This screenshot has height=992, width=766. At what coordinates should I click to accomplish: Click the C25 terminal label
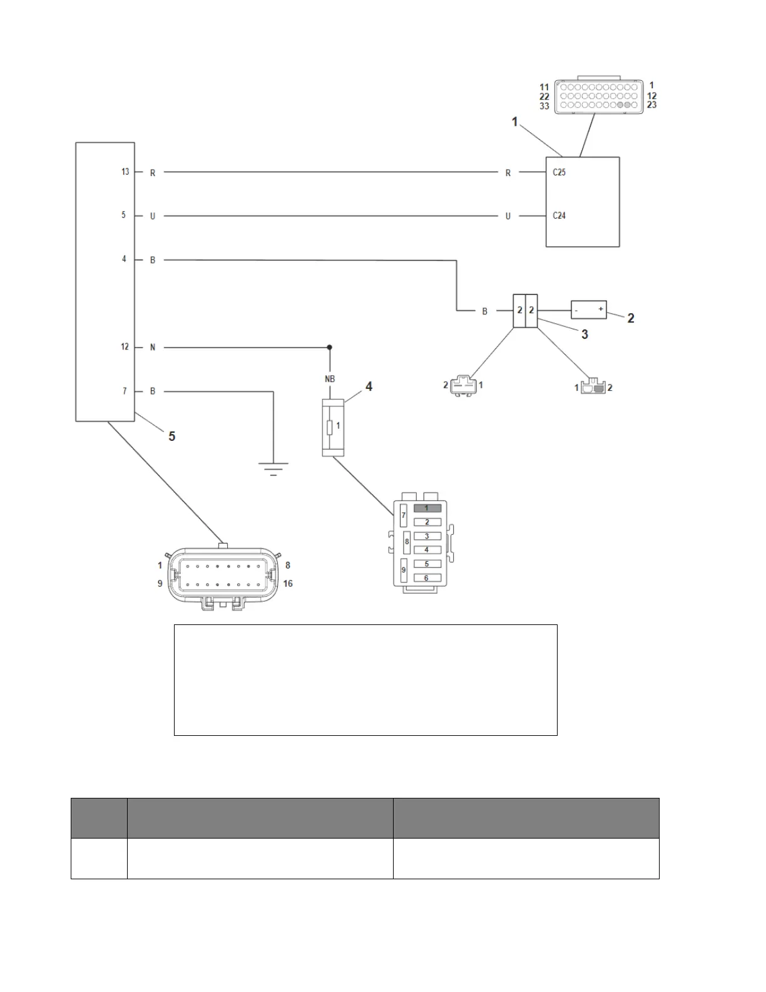tap(559, 172)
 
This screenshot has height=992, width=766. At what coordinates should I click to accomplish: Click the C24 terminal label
tap(559, 215)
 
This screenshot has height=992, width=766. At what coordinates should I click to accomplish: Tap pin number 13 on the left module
tap(125, 172)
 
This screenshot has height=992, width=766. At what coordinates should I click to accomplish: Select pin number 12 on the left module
tap(125, 346)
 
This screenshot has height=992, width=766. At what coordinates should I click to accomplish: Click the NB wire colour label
tap(329, 379)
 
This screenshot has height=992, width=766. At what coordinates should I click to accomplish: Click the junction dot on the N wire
tap(330, 347)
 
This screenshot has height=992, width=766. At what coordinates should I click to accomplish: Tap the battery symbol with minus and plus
tap(588, 309)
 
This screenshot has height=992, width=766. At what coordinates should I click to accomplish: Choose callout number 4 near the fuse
tap(369, 387)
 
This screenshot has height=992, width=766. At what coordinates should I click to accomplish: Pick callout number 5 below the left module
tap(172, 436)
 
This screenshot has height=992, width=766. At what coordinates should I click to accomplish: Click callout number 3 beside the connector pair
tap(585, 334)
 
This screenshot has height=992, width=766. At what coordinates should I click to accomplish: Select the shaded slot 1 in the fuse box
tap(427, 508)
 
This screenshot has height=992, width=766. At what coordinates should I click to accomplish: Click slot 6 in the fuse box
tap(427, 578)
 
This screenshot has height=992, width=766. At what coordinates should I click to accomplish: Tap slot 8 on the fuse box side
tap(407, 542)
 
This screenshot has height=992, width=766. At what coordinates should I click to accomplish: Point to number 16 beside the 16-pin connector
tap(288, 584)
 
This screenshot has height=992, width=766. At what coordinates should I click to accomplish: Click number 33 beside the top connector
tap(544, 106)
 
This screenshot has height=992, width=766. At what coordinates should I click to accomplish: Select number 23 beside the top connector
tap(652, 105)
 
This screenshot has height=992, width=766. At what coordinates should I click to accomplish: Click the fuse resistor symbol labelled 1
tap(330, 428)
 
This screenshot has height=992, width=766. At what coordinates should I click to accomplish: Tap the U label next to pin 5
tap(152, 216)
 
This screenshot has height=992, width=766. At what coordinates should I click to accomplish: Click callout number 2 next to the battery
tap(631, 318)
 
